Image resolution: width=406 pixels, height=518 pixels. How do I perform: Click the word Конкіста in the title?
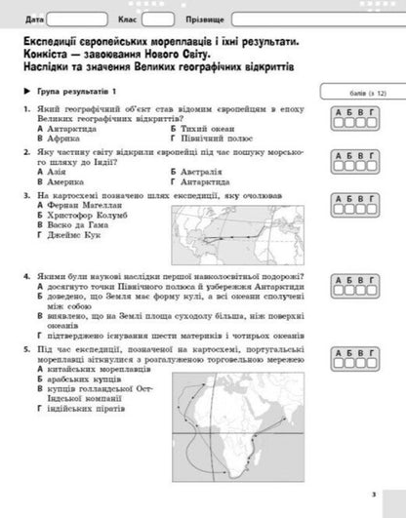44,57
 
